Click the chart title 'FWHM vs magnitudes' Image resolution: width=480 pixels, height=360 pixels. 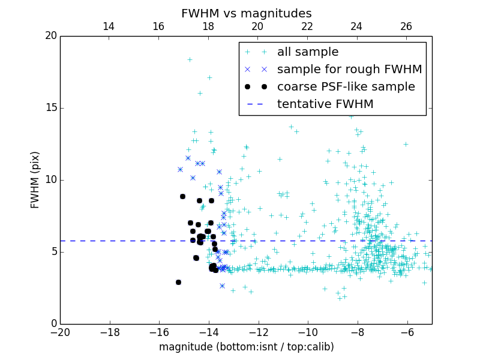(246, 13)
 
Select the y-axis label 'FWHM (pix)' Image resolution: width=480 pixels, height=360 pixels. (35, 180)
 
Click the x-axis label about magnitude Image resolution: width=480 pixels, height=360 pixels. (246, 347)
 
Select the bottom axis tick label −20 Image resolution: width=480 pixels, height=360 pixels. (60, 332)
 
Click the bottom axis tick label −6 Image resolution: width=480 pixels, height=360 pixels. (407, 332)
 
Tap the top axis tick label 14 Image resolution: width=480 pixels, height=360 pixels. (109, 26)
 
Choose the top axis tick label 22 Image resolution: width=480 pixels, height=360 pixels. (307, 26)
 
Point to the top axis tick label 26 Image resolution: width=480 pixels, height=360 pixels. (406, 26)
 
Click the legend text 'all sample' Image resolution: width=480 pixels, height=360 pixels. (308, 52)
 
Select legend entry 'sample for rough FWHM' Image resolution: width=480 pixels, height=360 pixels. (349, 70)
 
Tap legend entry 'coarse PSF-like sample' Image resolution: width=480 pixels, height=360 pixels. (346, 87)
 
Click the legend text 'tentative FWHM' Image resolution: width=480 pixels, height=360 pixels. (325, 104)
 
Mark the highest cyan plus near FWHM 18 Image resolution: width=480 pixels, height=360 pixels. (190, 59)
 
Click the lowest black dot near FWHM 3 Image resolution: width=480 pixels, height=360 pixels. (178, 282)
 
